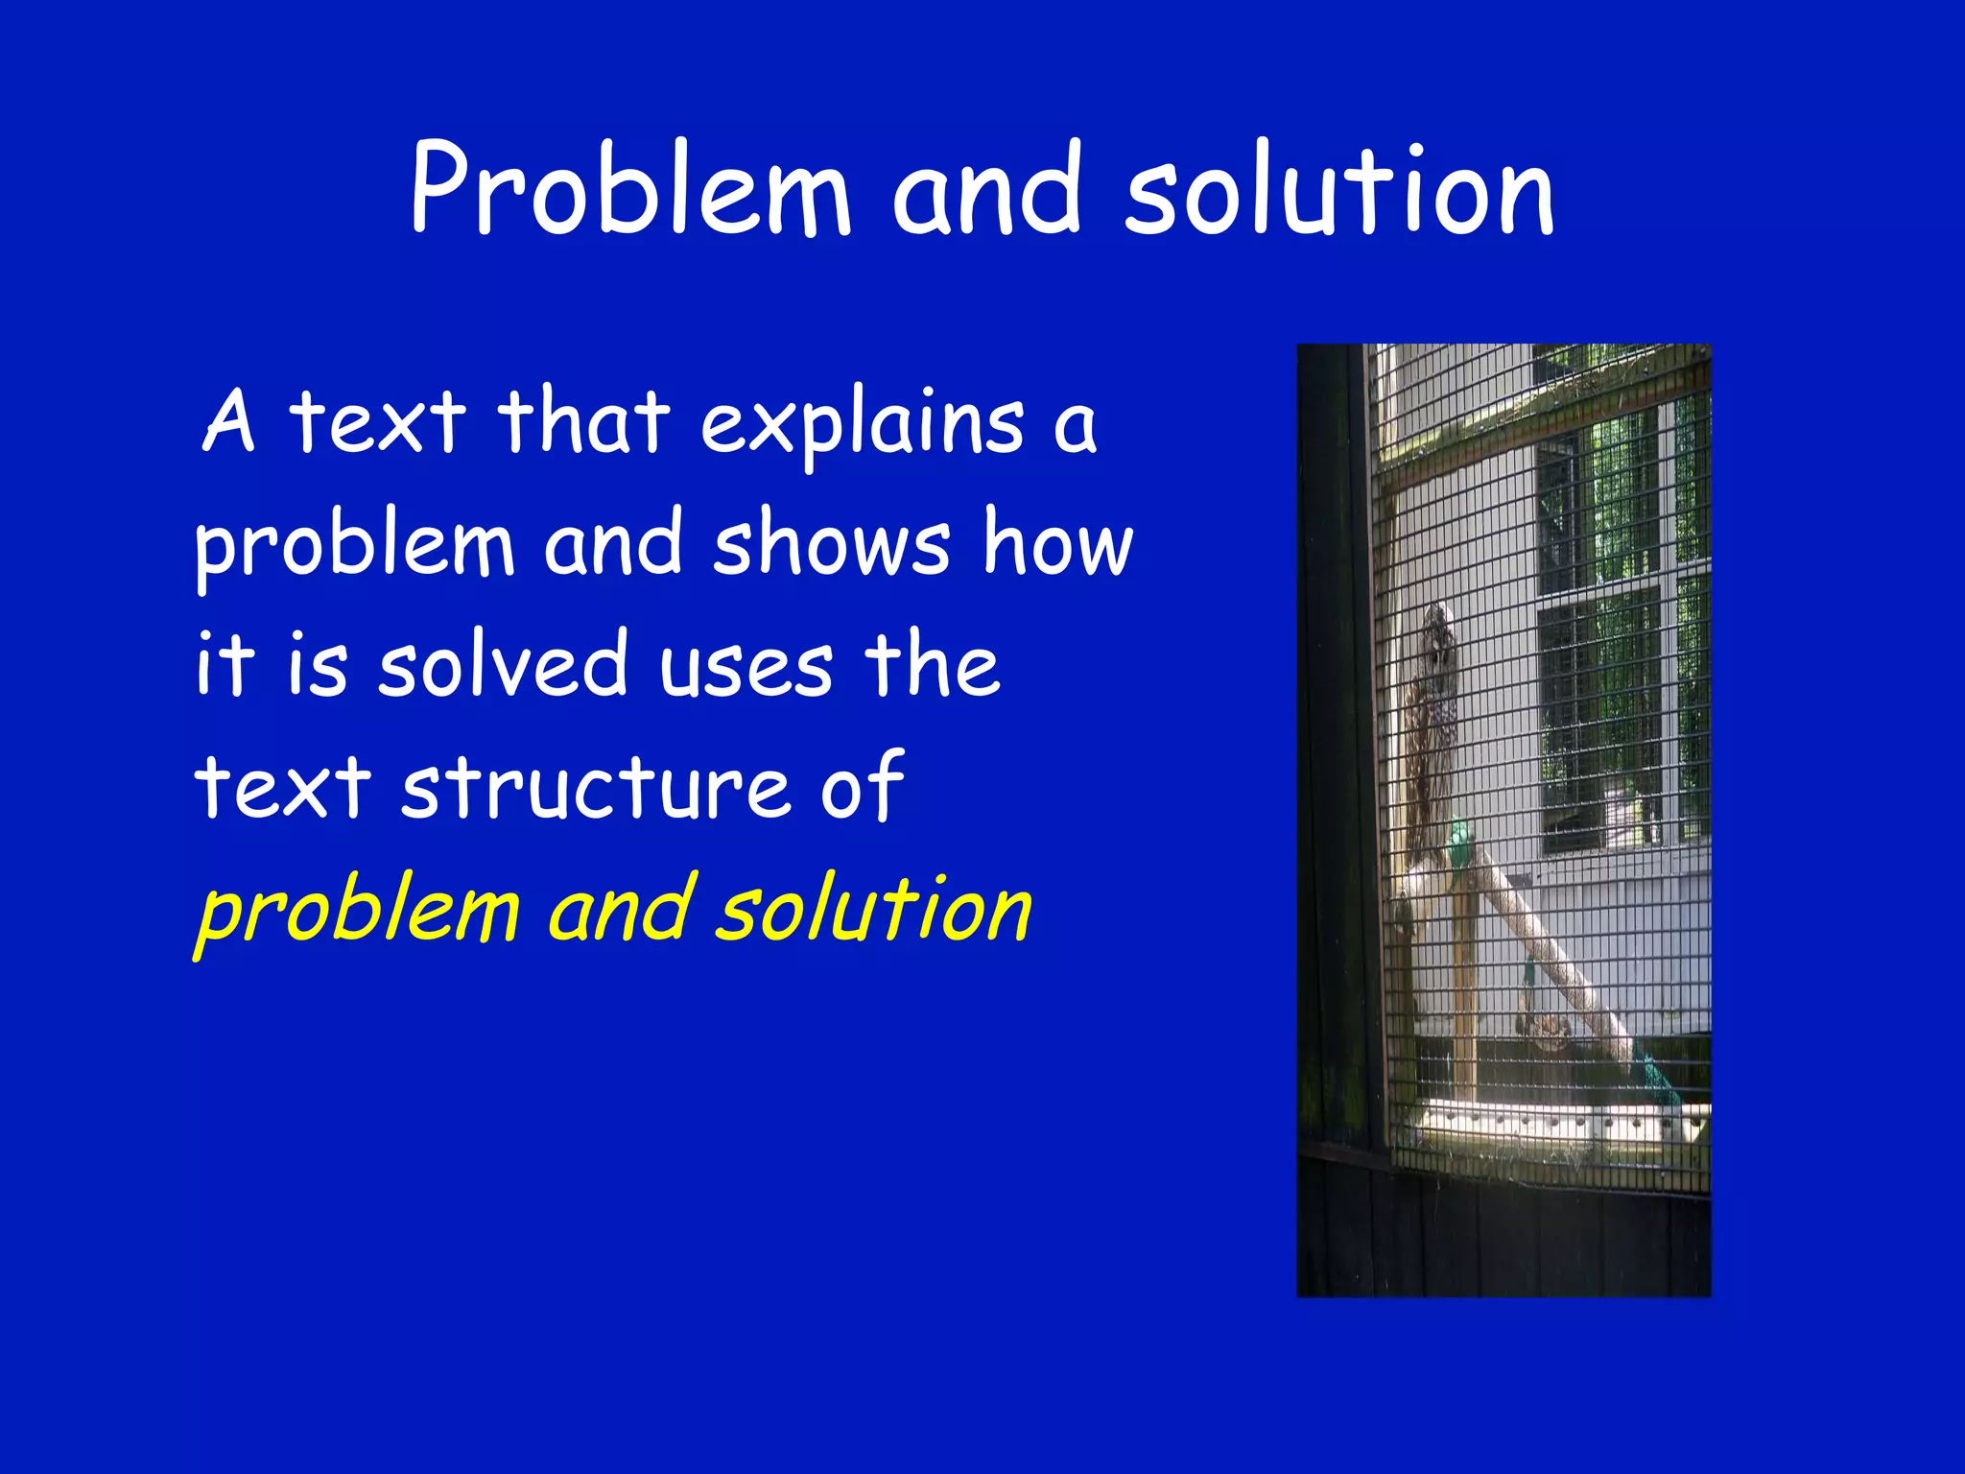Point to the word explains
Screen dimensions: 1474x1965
(x=862, y=424)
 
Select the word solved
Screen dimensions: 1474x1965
(x=503, y=664)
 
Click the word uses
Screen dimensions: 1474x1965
(x=746, y=666)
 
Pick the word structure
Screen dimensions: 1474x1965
(x=596, y=787)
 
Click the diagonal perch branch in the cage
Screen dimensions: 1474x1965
(x=1545, y=950)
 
